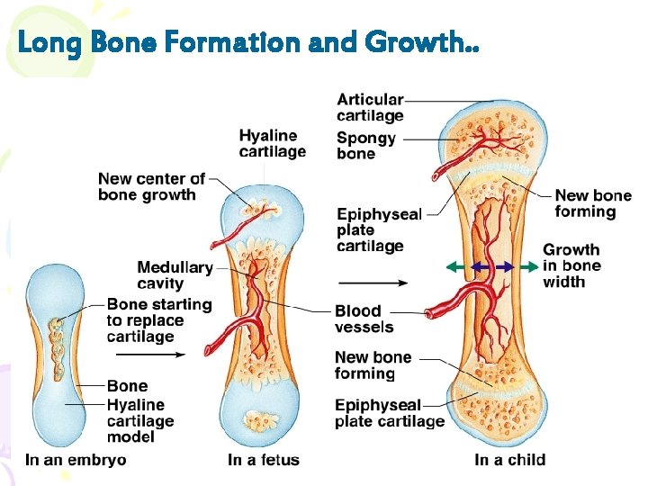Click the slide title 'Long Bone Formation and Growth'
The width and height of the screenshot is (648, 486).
[248, 41]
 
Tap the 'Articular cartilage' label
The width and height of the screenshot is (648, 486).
[370, 107]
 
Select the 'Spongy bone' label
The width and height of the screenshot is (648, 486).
[365, 146]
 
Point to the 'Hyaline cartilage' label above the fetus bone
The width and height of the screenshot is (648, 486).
[272, 143]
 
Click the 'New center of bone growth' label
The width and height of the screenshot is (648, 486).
[151, 186]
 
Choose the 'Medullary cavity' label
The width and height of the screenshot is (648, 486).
[175, 275]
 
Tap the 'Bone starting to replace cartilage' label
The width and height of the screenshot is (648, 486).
[158, 320]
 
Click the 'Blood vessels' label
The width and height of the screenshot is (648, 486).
[364, 319]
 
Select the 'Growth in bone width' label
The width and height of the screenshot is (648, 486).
[571, 265]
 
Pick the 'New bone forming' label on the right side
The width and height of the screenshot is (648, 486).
[592, 203]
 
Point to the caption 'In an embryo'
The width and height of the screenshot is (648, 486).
[76, 460]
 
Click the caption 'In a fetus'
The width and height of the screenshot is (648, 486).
[264, 460]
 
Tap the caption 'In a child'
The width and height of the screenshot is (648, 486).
[509, 460]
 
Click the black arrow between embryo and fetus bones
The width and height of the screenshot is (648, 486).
[162, 355]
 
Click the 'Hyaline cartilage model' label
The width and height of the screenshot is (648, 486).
[140, 420]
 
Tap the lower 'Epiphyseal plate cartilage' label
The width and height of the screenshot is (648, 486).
[389, 413]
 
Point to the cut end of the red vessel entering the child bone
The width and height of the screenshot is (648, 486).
[430, 313]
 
